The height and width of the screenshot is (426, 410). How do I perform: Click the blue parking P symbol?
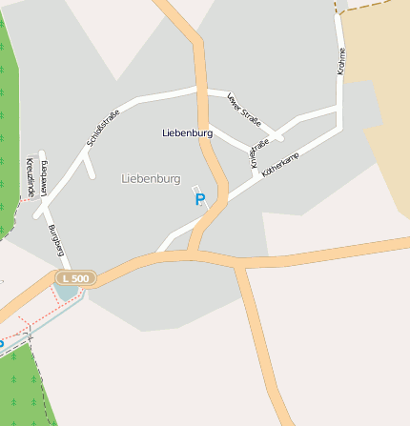(199, 199)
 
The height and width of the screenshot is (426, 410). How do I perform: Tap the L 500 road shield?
(74, 278)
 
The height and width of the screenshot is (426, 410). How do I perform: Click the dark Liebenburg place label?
(187, 132)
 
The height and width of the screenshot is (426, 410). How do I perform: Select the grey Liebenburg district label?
(151, 178)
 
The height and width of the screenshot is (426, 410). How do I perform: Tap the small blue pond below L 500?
(66, 291)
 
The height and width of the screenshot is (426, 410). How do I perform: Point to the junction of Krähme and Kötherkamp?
(338, 123)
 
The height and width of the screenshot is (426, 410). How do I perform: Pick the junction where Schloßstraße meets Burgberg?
(44, 212)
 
